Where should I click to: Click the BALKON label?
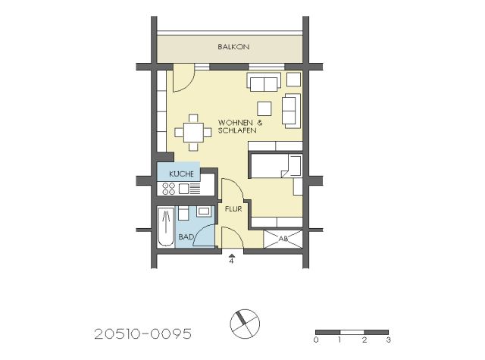pos(233,47)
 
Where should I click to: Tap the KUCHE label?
pos(181,174)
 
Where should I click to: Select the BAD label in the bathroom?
pos(186,237)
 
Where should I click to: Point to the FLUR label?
pos(233,209)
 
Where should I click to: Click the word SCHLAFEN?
pos(237,130)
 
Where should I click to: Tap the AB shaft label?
pos(283,239)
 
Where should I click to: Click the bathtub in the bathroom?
pos(166,227)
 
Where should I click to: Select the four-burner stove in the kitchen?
pos(169,189)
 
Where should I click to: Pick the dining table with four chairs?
pos(193,133)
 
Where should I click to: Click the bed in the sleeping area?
pos(275,165)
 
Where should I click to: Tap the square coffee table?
pos(264,108)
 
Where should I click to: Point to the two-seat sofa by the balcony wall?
pos(264,82)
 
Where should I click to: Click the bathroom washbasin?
pos(204,211)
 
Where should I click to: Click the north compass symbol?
pos(245,324)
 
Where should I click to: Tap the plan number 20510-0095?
pos(143,334)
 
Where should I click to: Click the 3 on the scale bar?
pos(389,340)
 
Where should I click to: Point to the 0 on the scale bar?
pos(316,340)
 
